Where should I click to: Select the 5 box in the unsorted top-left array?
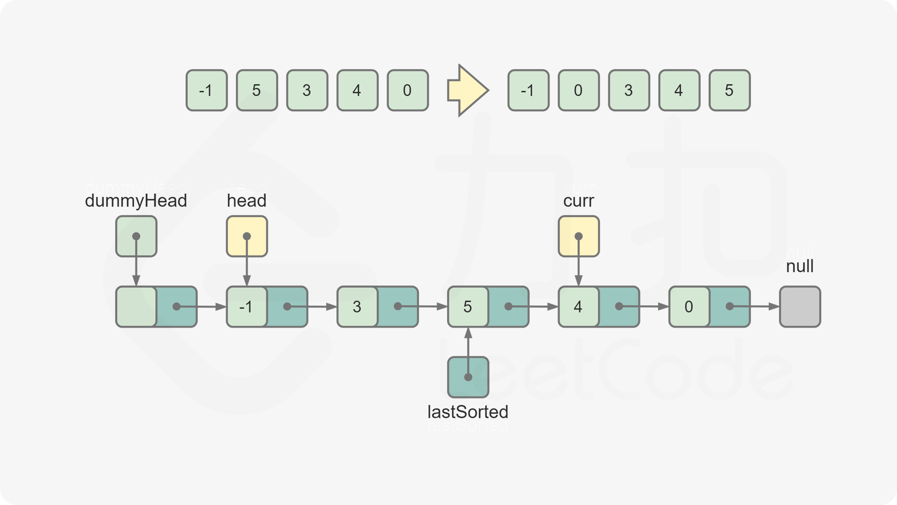point(257,90)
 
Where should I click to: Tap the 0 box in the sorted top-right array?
point(578,90)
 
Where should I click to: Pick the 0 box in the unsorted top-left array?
point(407,90)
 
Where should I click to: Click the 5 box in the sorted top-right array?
point(729,90)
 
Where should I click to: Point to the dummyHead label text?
point(136,194)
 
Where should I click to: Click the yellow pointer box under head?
point(247,236)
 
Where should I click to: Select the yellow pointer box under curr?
point(579,236)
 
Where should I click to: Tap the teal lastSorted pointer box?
point(468,377)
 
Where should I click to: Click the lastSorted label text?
point(468,418)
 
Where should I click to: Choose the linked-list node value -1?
point(246,307)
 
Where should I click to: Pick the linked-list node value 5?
point(467,307)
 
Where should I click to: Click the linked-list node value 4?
point(578,307)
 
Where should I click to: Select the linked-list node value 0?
point(688,307)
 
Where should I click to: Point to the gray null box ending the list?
point(800,307)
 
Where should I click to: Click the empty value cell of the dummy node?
point(136,307)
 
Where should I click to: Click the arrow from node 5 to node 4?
point(534,307)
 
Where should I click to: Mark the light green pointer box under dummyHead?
point(136,236)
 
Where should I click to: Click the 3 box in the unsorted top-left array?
point(307,90)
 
